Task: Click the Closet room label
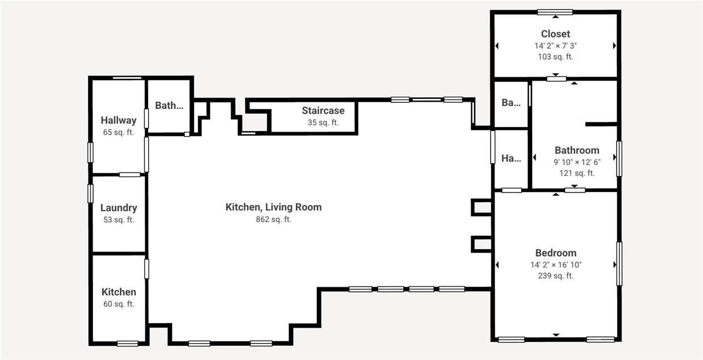(555, 34)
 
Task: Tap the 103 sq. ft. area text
(555, 57)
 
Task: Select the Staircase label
(323, 110)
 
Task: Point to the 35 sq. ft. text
(323, 122)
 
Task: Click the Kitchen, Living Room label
(274, 207)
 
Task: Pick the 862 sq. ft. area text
(274, 219)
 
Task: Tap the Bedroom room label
(555, 253)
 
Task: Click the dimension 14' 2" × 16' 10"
(555, 265)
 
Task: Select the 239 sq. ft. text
(555, 276)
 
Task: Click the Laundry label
(119, 208)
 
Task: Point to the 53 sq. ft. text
(119, 220)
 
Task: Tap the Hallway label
(119, 120)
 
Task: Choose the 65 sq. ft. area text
(119, 132)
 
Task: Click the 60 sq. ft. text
(119, 304)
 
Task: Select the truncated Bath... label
(169, 105)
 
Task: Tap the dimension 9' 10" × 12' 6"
(577, 162)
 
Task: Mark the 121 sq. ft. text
(577, 173)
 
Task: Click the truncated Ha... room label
(511, 159)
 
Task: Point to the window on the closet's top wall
(555, 12)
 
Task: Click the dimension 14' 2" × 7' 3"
(555, 45)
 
